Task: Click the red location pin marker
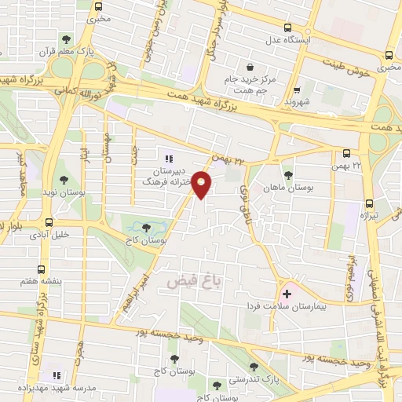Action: (x=202, y=185)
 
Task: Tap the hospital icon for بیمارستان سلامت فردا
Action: (x=287, y=294)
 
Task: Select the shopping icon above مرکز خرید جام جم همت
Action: (x=250, y=68)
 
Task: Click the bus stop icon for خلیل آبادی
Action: (x=49, y=222)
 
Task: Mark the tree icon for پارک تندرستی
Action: (x=252, y=366)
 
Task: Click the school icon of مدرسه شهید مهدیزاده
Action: (x=56, y=376)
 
